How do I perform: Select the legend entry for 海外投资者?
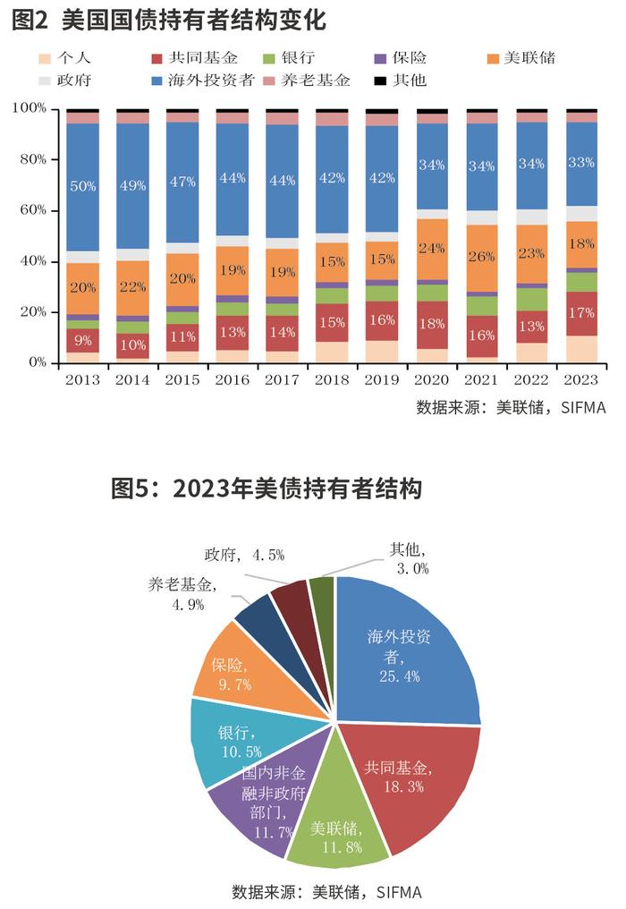coord(202,81)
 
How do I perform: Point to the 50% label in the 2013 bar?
coord(82,186)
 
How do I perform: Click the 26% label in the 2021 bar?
coord(482,256)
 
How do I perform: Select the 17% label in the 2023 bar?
coord(580,313)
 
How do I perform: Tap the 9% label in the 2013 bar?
coord(82,340)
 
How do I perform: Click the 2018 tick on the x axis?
coord(333,379)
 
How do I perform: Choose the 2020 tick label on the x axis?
coord(432,379)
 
